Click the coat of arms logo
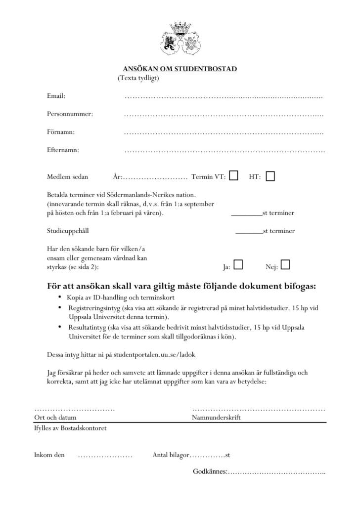tap(180, 40)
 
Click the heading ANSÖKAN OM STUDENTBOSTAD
tap(180, 69)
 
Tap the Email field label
tap(56, 96)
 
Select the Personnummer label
tap(70, 114)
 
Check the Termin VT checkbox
tap(234, 175)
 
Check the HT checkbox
tap(270, 176)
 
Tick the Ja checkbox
tap(238, 265)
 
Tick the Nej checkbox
tap(285, 265)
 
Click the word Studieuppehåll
tap(68, 231)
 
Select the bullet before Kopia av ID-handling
tap(60, 297)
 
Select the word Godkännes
tap(210, 472)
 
